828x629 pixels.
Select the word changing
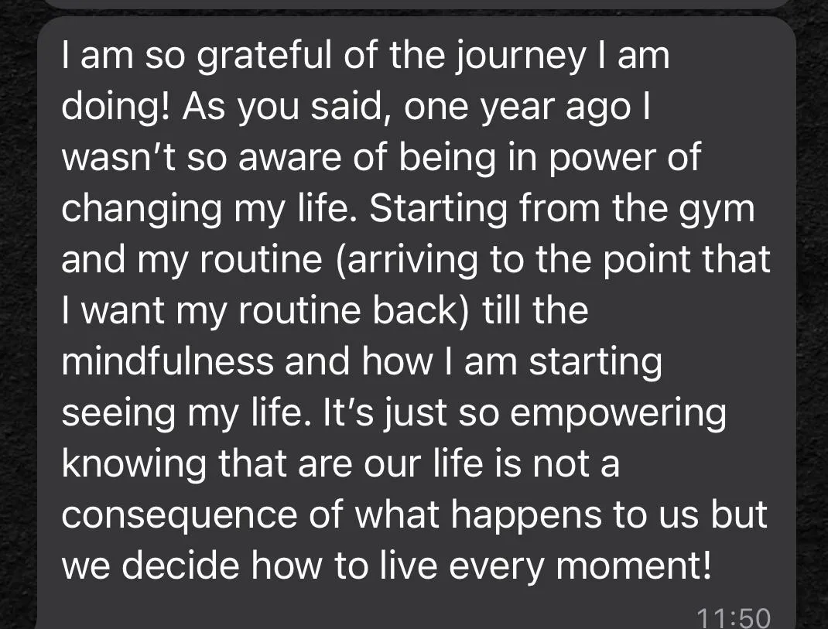(141, 209)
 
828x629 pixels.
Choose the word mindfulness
(167, 362)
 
